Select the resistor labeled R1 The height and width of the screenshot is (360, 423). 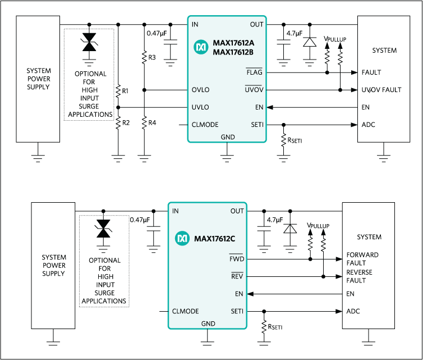coord(118,91)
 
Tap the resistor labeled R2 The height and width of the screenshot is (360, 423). coord(118,122)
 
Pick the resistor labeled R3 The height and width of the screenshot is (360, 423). coord(145,57)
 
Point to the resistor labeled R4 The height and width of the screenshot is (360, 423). coord(145,122)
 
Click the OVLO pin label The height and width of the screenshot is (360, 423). coord(200,90)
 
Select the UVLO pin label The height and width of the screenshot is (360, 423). coord(200,107)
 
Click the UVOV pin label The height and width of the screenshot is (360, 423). coord(254,90)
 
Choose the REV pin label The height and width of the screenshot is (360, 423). coord(237,276)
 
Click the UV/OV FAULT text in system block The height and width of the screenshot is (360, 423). coord(381,90)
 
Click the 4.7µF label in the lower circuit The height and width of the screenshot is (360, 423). coord(276,220)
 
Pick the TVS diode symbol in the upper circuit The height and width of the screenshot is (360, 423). coord(89,43)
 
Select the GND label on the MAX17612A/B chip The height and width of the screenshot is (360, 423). coord(228,136)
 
